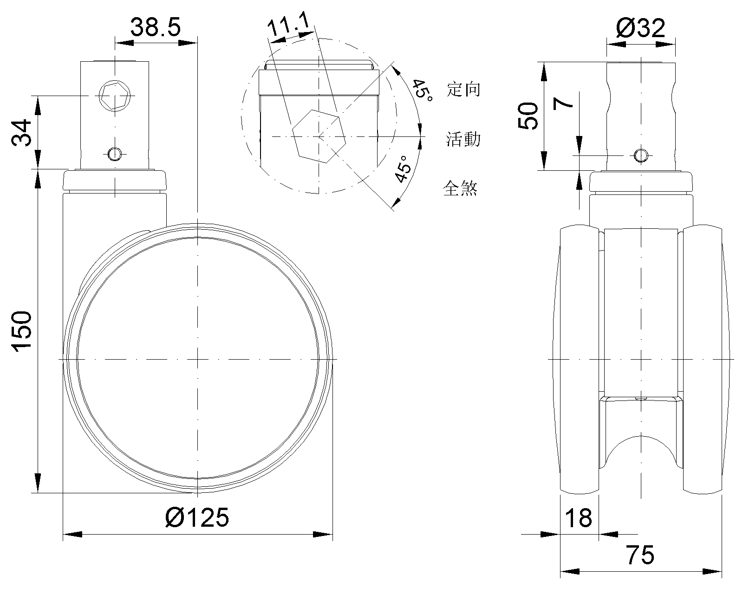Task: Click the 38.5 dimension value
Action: click(x=156, y=28)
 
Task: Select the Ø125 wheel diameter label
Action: click(x=197, y=517)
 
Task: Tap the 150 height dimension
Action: click(x=22, y=332)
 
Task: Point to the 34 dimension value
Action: click(x=21, y=133)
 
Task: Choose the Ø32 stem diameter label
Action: click(x=640, y=28)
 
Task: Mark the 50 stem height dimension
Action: click(x=528, y=116)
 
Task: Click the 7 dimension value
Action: click(x=563, y=103)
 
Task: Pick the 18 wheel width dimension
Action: click(x=579, y=518)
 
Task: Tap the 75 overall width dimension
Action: click(x=640, y=555)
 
